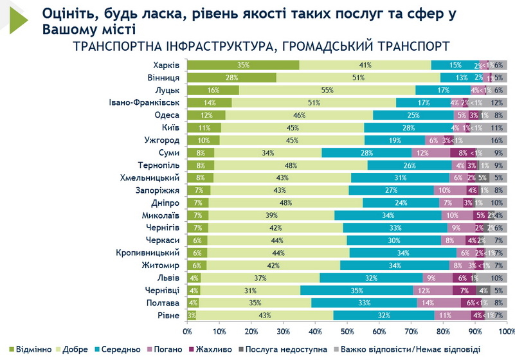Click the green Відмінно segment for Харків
243,65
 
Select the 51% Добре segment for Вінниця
358,77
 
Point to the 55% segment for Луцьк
327,90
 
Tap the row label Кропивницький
149,253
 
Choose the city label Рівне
168,316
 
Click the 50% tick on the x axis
347,332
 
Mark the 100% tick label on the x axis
506,332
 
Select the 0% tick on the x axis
188,332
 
